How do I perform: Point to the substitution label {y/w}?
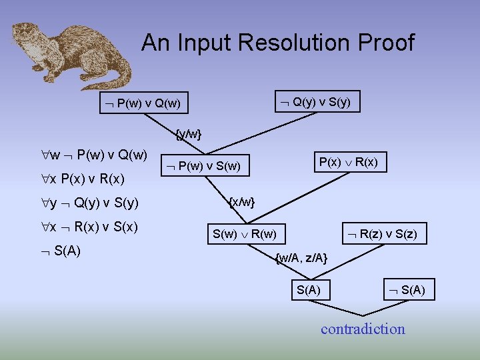point(188,134)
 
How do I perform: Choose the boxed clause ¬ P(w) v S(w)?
point(205,165)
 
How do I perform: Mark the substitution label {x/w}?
point(241,201)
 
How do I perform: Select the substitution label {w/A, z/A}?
point(301,257)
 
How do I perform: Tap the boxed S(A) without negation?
point(308,289)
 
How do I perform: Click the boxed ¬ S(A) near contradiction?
point(409,289)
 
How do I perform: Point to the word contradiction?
point(363,329)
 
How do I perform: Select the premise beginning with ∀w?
point(94,155)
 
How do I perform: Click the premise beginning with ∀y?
point(90,203)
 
